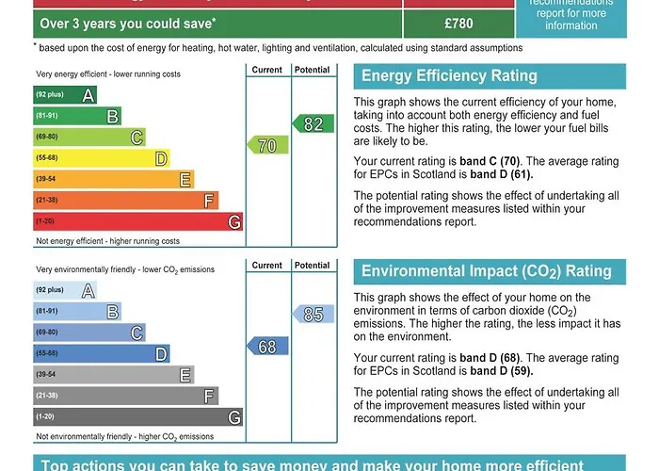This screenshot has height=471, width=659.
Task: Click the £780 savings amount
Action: (x=458, y=23)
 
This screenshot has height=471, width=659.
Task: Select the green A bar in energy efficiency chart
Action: (x=65, y=95)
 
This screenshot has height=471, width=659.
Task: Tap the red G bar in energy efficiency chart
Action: (x=137, y=221)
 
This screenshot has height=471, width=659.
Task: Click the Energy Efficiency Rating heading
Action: (x=449, y=76)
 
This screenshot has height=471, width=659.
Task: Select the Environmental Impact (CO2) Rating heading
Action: (x=486, y=271)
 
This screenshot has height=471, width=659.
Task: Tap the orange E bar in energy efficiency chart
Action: (x=113, y=179)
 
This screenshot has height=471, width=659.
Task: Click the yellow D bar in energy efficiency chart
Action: (x=101, y=158)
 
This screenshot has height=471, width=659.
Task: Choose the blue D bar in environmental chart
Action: (x=101, y=353)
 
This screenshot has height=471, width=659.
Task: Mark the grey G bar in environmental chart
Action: (x=137, y=416)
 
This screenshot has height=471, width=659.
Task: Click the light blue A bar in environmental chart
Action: (x=65, y=290)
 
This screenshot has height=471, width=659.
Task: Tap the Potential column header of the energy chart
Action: (x=312, y=71)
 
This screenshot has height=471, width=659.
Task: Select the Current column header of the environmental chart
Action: (x=267, y=266)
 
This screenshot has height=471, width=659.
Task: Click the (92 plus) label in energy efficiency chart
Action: (x=50, y=95)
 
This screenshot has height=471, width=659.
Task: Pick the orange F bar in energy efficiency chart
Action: (x=125, y=200)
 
